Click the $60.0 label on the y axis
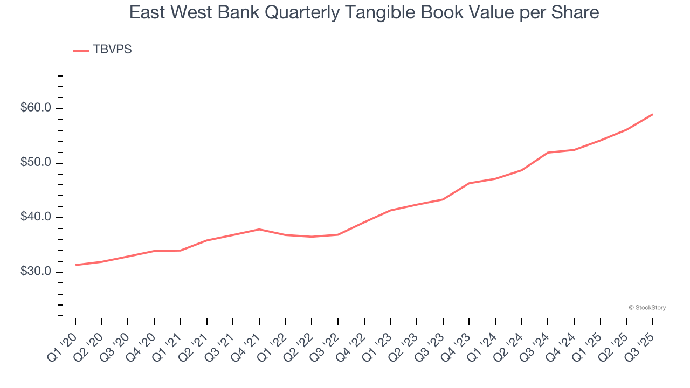(x=36, y=108)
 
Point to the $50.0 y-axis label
(x=36, y=163)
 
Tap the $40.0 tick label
(x=36, y=217)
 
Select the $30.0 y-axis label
(x=36, y=272)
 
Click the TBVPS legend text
(x=112, y=50)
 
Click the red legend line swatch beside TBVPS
(x=81, y=50)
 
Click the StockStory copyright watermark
(x=647, y=308)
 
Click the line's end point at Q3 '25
(x=652, y=114)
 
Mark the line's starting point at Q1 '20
(x=75, y=265)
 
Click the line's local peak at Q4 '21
(x=259, y=230)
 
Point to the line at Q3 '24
(x=548, y=153)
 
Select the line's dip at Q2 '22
(x=312, y=237)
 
